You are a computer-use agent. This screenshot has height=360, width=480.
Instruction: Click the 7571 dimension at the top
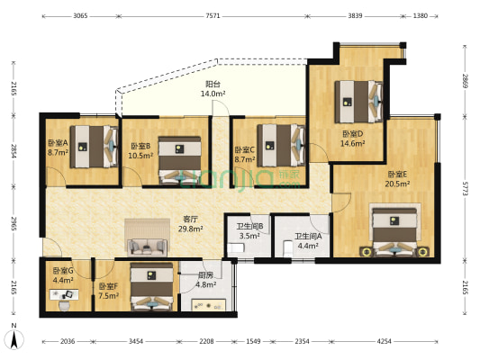point(213,16)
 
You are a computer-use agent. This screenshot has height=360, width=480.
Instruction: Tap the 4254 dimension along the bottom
point(384,341)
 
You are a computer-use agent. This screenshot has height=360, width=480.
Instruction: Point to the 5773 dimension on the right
point(465,189)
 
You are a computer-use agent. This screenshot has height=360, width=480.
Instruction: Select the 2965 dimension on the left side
point(14,224)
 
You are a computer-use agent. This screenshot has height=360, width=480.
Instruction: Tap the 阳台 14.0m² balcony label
point(213,89)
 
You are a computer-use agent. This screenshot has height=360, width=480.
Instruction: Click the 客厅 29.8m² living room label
point(190,224)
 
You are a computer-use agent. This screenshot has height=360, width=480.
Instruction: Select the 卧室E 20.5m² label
point(397,179)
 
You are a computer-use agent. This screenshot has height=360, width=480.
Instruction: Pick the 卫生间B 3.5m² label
point(249,231)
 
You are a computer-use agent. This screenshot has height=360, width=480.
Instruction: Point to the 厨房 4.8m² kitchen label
point(206,280)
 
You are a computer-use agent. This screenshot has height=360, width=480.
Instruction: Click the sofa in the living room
point(148,247)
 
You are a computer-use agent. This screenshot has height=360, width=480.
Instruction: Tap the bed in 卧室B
point(180,160)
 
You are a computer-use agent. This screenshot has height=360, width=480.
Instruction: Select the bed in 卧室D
point(358,102)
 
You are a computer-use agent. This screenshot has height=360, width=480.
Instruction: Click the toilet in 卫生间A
point(287,248)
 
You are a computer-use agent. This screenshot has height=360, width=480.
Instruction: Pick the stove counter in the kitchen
point(208,305)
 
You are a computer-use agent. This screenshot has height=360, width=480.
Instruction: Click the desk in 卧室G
point(64,294)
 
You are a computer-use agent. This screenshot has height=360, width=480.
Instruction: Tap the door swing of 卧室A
point(57,176)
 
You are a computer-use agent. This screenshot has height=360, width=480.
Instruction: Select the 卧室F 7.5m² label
point(109,292)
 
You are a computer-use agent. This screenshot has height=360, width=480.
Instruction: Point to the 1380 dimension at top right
point(420,16)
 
